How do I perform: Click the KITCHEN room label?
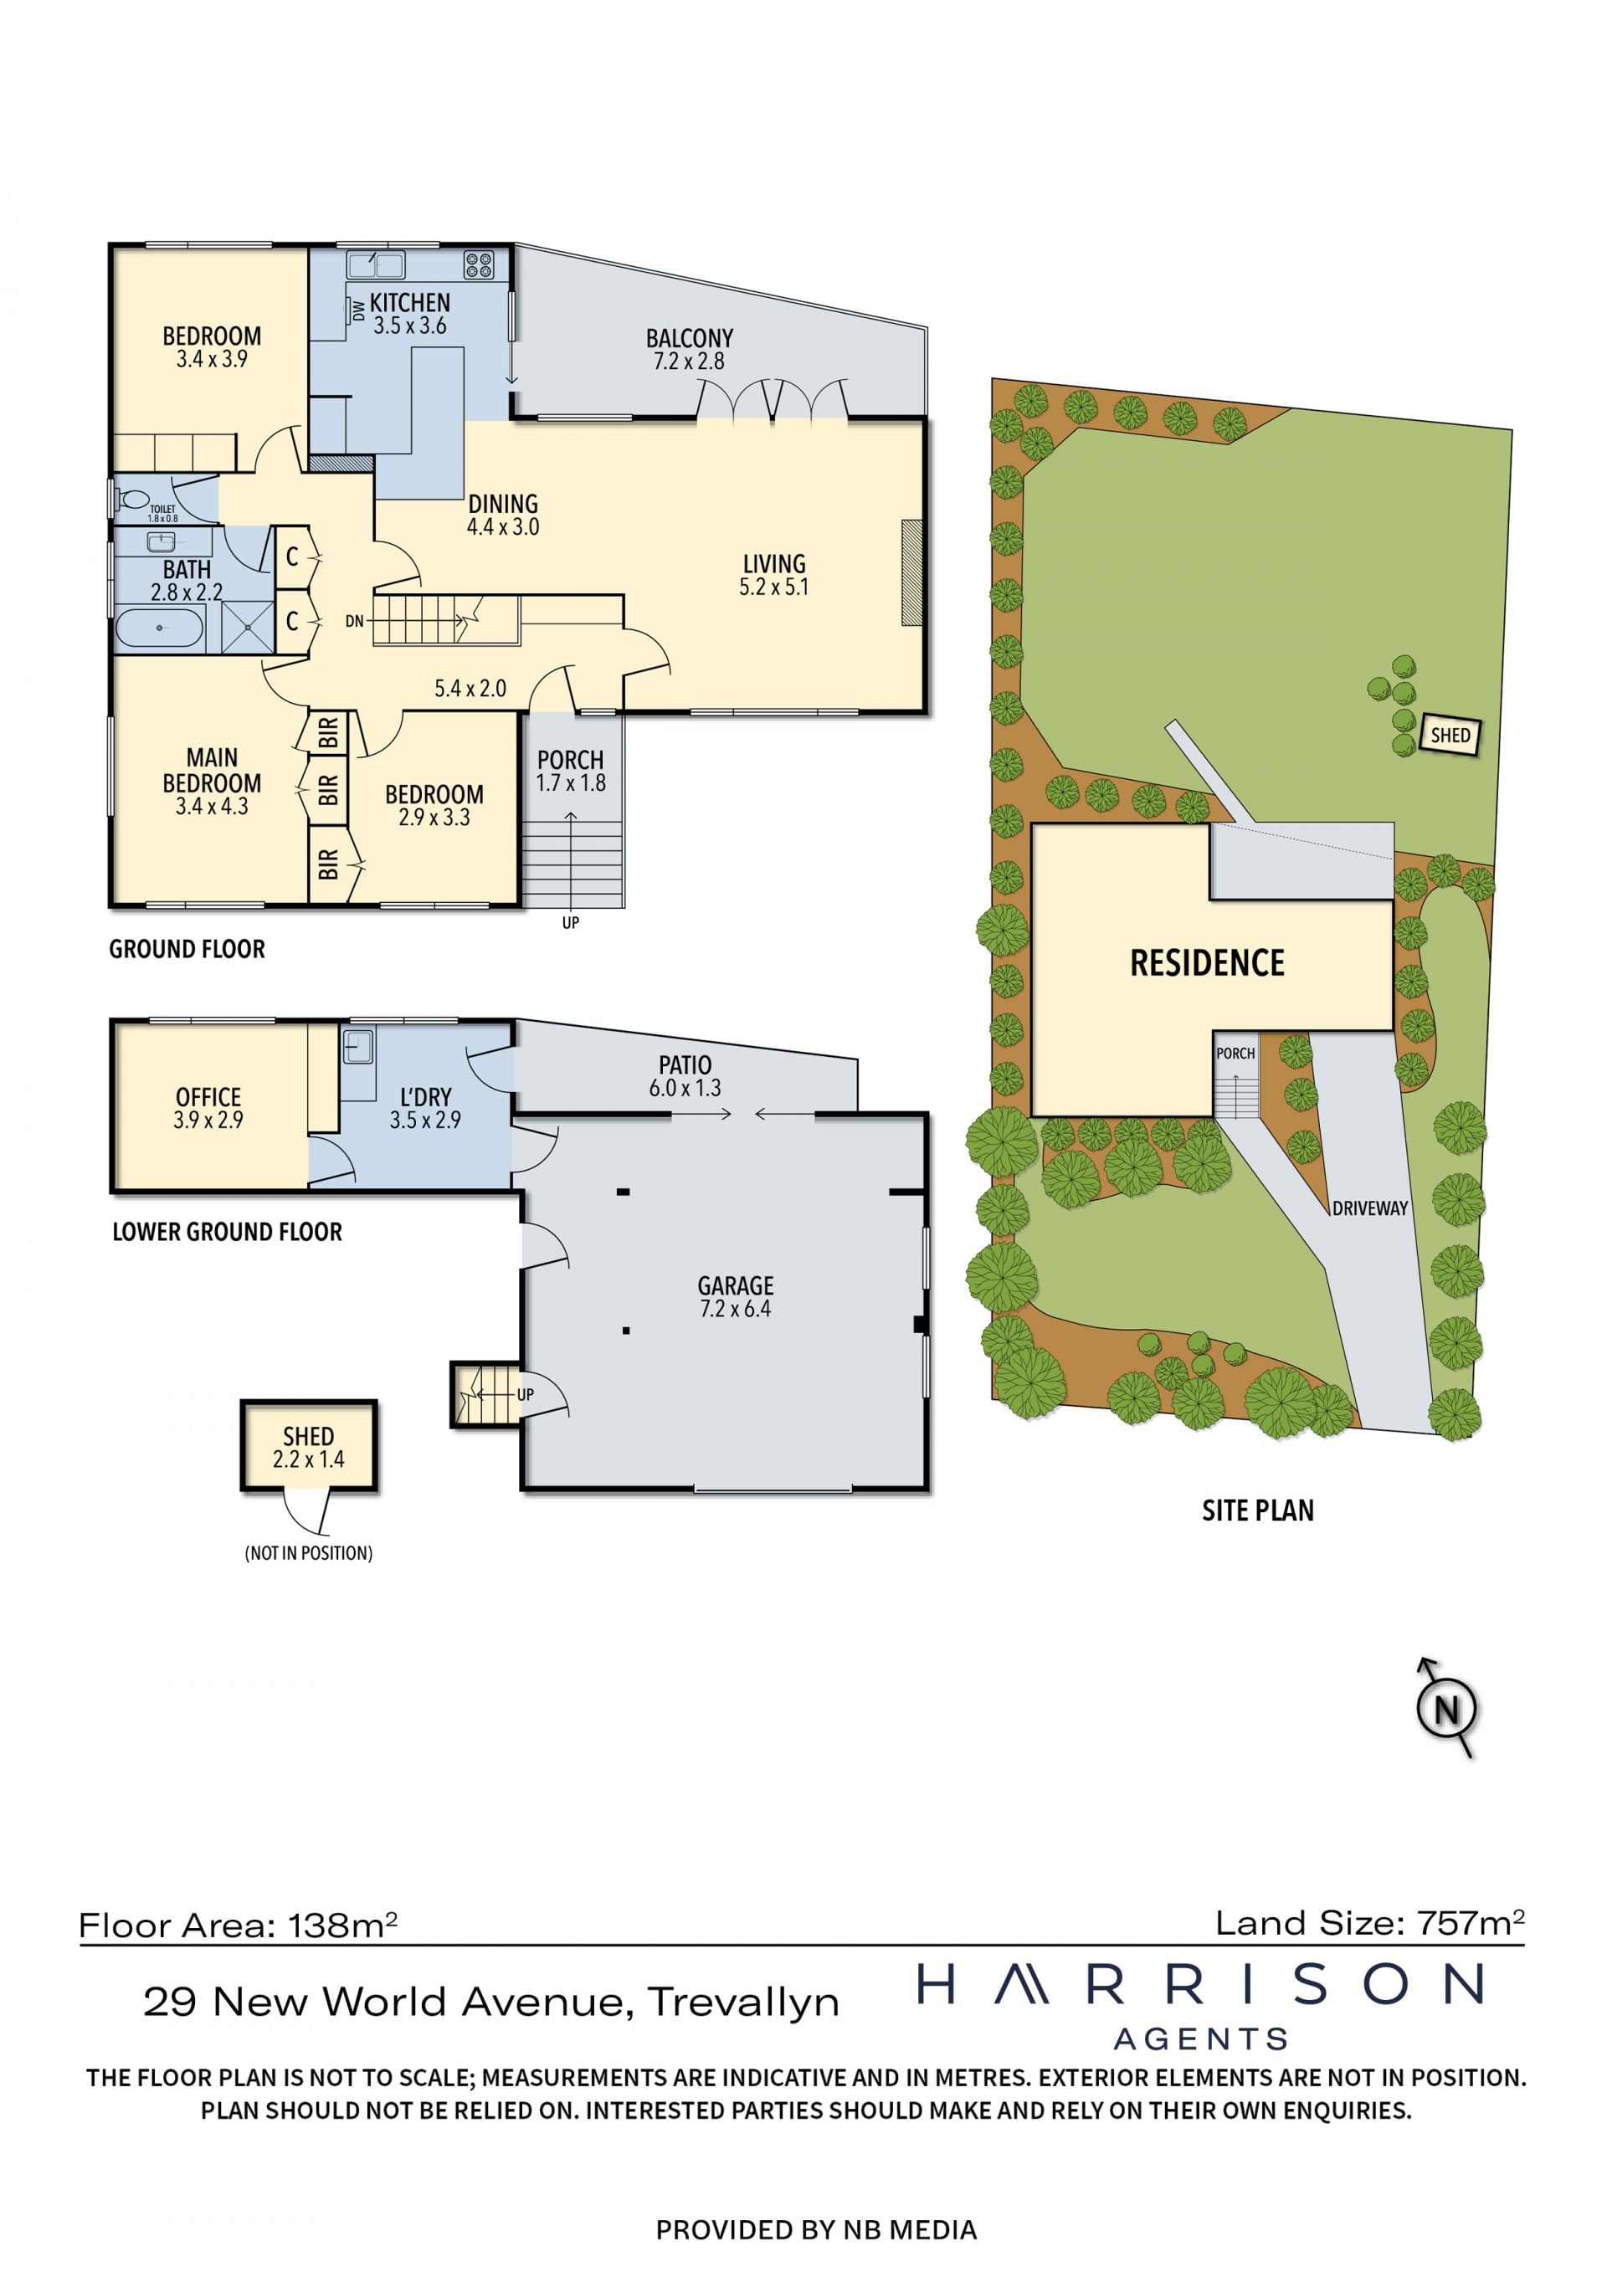point(409,303)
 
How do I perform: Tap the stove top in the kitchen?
point(479,264)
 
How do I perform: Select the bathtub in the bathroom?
point(159,628)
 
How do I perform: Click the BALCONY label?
point(690,338)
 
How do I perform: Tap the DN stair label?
point(354,622)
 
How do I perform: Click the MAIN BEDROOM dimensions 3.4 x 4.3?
point(212,807)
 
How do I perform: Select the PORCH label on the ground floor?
point(570,760)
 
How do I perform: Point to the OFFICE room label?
point(208,1096)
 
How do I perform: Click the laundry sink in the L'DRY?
point(358,1046)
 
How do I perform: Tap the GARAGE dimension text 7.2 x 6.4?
point(735,1308)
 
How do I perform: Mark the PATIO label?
point(685,1064)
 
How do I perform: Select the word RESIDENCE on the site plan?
point(1207,963)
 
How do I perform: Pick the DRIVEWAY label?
point(1369,1208)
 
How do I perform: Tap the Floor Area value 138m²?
point(343,1925)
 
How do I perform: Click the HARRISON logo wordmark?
point(1201,1984)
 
